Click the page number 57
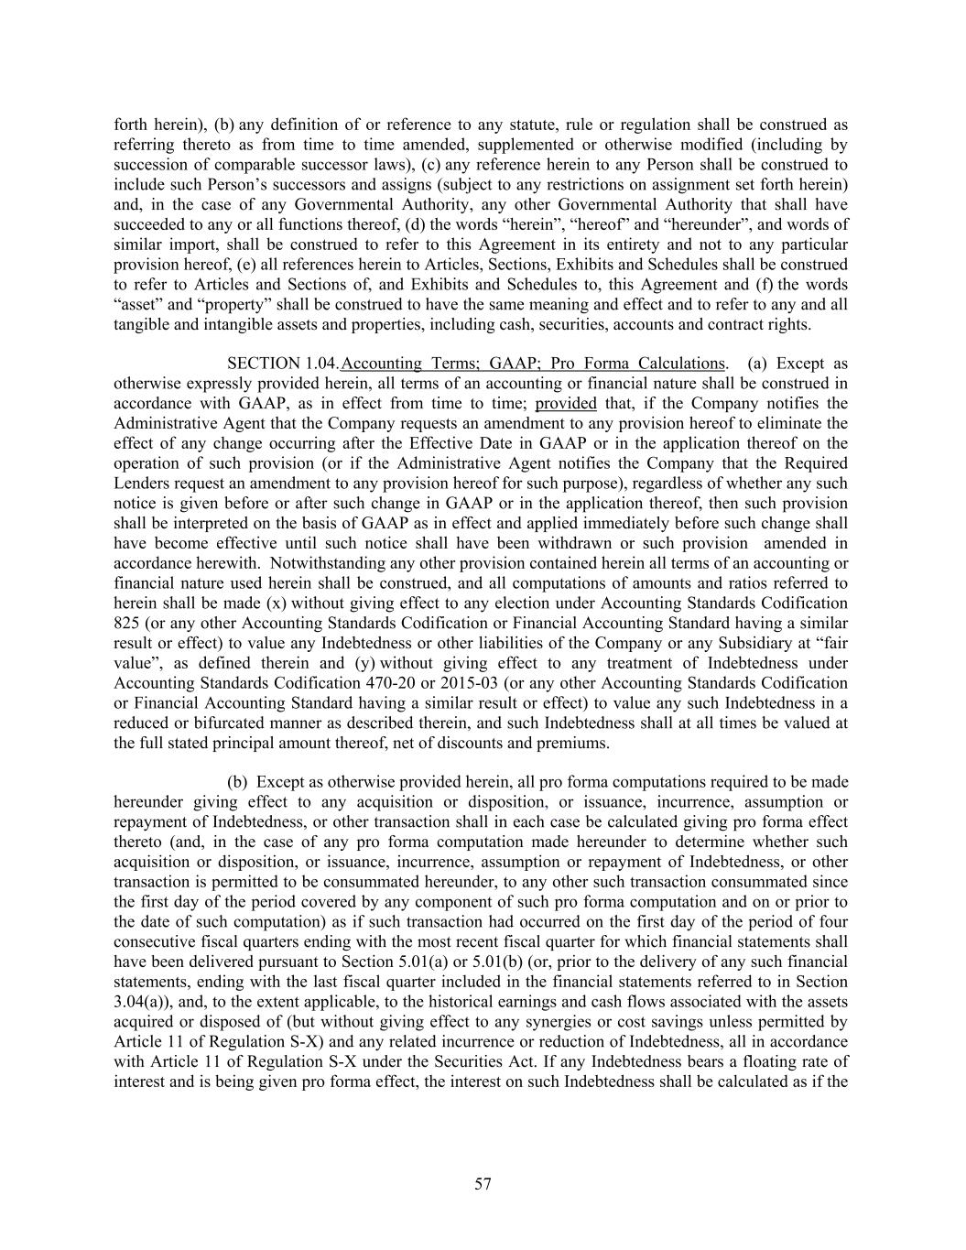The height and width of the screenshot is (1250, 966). click(483, 1185)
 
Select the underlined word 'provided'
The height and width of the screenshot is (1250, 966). click(566, 404)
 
